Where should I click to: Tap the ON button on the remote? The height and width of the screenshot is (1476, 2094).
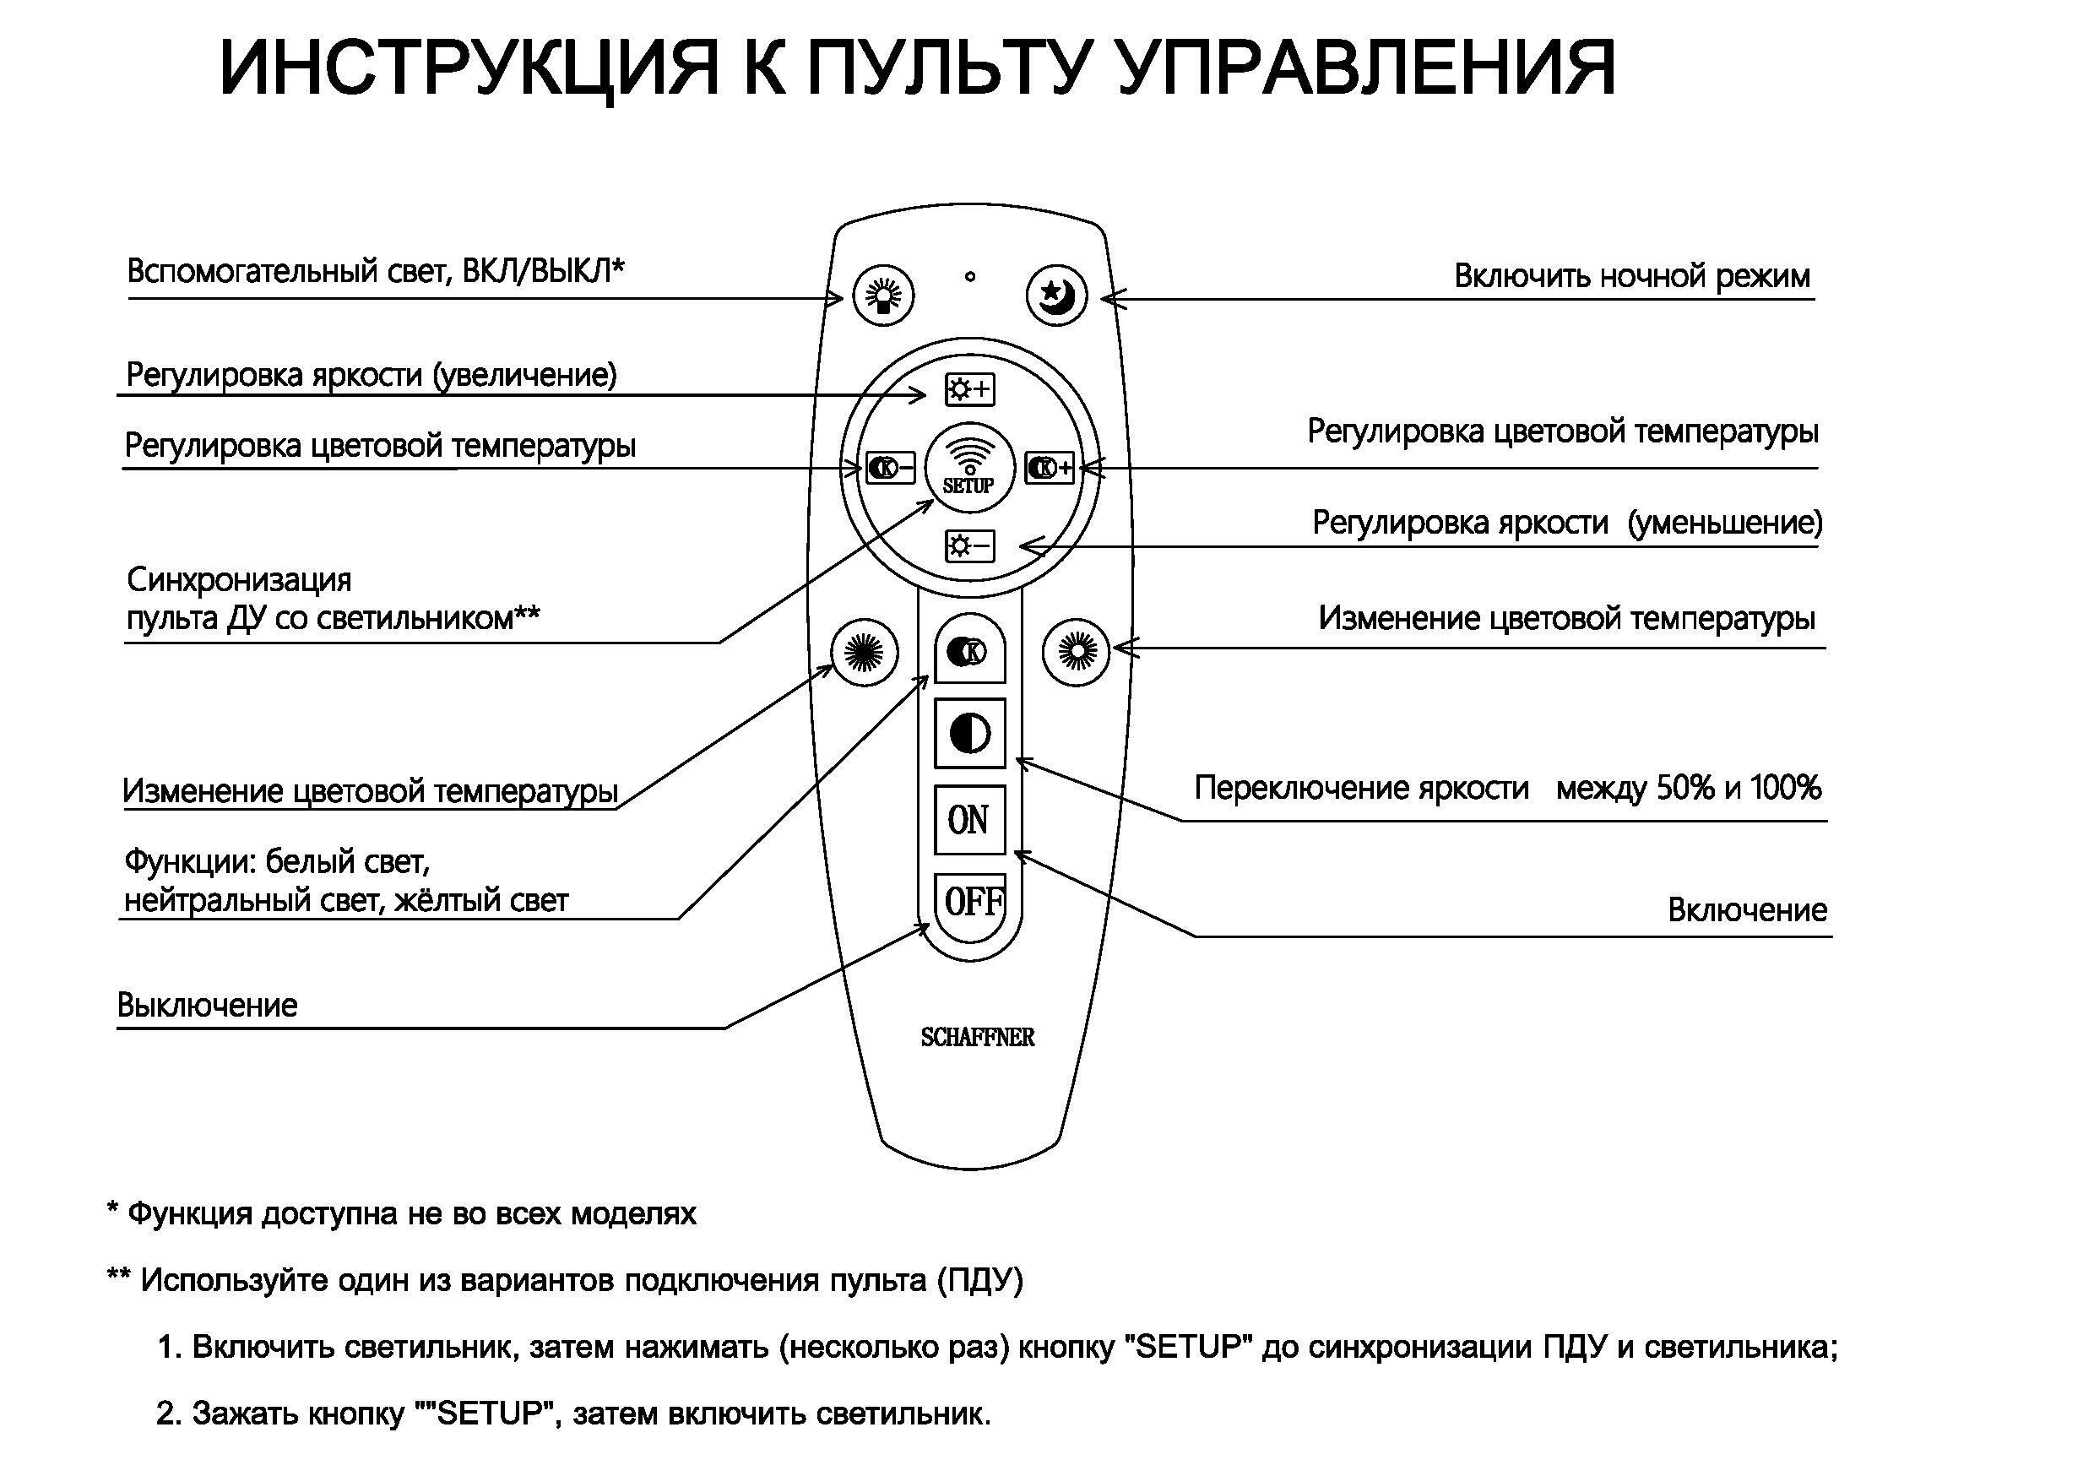tap(969, 819)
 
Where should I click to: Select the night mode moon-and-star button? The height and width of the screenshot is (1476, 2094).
tap(1057, 295)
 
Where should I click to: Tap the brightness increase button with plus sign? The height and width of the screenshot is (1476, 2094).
tap(969, 389)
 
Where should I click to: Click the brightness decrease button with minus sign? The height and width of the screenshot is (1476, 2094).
tap(969, 546)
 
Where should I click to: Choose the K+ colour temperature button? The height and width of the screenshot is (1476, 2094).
tap(1050, 468)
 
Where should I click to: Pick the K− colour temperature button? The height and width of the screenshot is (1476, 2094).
tap(890, 468)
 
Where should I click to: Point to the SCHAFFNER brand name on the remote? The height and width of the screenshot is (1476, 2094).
tap(977, 1037)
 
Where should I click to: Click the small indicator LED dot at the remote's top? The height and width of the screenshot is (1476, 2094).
tap(969, 275)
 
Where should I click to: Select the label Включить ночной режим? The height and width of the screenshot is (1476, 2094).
tap(1631, 275)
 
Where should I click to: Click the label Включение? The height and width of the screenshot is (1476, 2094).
tap(1746, 909)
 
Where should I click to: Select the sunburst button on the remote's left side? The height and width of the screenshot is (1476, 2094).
tap(865, 651)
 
